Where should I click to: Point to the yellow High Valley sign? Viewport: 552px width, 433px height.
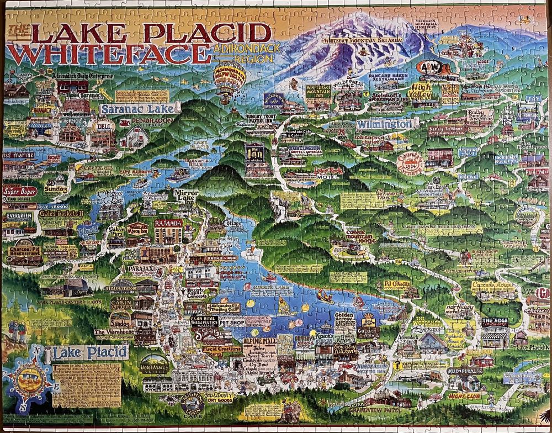pyautogui.click(x=422, y=89)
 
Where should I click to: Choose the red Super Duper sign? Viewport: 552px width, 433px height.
pyautogui.click(x=20, y=192)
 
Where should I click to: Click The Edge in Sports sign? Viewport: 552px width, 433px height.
pyautogui.click(x=495, y=322)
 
